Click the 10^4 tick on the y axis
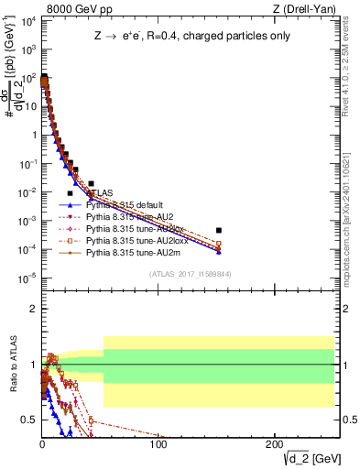tap(31, 21)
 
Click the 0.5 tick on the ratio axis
tap(29, 420)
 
